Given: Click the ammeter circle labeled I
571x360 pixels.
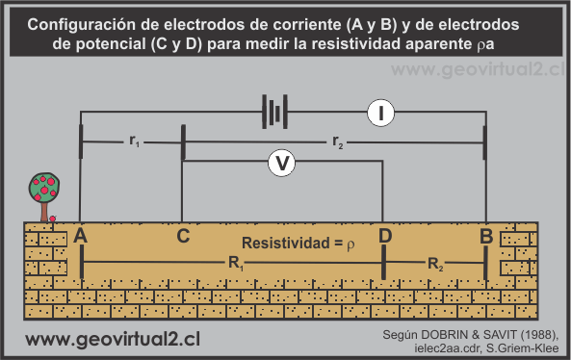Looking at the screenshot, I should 381,114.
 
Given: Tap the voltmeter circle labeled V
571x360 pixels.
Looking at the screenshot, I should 281,164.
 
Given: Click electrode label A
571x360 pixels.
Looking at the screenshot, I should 80,235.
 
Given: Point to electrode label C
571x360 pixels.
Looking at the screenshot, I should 183,234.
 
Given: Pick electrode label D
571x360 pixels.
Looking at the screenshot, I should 385,235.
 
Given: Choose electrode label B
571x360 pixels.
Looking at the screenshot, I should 486,235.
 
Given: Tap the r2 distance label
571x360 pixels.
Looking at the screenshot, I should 337,141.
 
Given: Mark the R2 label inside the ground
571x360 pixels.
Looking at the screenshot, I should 435,262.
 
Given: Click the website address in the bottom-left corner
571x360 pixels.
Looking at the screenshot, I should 112,340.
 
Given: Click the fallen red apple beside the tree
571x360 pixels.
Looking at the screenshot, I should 53,219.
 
